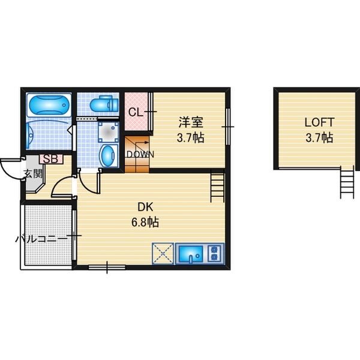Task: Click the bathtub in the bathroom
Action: [49, 105]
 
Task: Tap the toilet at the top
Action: [104, 104]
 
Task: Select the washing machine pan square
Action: [108, 132]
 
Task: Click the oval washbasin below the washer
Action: [108, 155]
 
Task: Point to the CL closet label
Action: [136, 113]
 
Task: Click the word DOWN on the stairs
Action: [140, 155]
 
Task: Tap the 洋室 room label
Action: [191, 122]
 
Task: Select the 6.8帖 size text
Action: [145, 222]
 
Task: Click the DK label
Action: [145, 207]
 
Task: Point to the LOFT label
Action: [319, 122]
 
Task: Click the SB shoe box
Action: [51, 159]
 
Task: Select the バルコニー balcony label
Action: [41, 239]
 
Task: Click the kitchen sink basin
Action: [191, 254]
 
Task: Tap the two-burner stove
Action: [214, 253]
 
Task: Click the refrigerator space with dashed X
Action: [163, 253]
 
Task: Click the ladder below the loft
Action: [347, 182]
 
